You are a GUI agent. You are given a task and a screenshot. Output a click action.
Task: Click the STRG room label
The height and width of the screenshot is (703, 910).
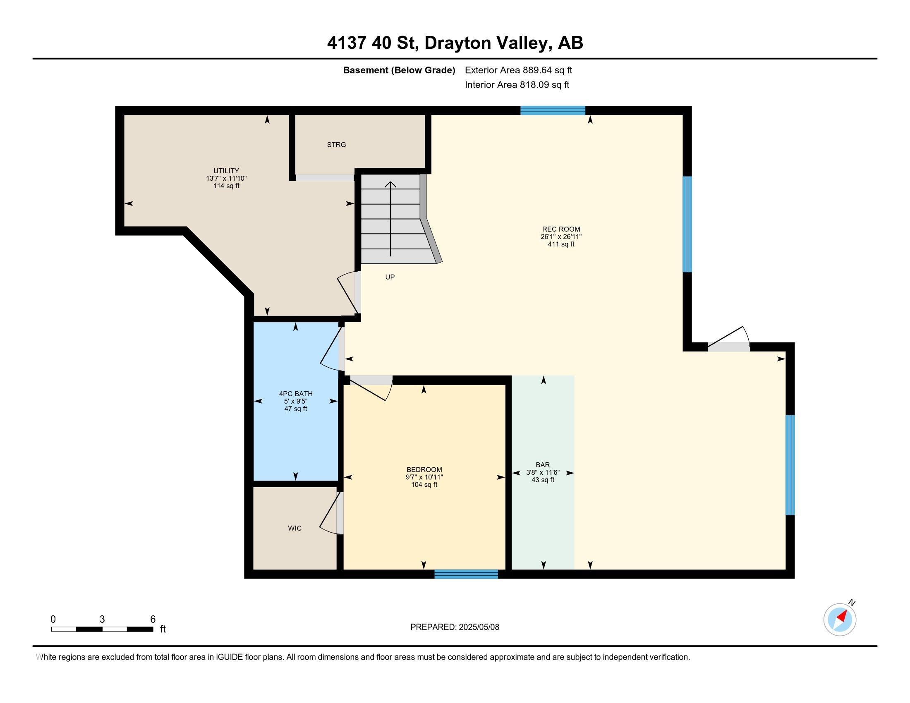tap(336, 145)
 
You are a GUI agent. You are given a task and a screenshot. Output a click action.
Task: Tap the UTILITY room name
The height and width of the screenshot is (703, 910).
tap(226, 171)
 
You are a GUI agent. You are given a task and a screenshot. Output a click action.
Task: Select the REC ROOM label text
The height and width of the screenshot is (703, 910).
tap(561, 229)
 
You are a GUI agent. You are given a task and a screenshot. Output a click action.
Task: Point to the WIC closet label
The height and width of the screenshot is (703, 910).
tap(295, 528)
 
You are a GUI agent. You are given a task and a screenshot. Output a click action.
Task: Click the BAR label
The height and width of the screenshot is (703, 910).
tap(543, 465)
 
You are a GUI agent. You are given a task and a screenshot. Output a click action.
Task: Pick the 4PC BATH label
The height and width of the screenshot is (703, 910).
tap(296, 394)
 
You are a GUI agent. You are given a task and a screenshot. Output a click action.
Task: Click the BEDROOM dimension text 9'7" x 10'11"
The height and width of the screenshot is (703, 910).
tap(424, 477)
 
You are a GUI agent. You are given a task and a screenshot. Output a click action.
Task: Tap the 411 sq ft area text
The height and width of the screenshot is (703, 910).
tap(561, 244)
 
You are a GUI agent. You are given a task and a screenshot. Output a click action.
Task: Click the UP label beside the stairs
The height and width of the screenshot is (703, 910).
tap(390, 277)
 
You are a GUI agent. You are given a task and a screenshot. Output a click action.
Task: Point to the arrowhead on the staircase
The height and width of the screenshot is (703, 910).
tap(390, 184)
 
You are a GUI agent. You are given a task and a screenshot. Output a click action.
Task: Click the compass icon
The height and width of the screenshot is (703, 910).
tap(840, 619)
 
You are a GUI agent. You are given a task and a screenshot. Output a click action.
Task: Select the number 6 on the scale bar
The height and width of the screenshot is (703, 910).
tap(153, 619)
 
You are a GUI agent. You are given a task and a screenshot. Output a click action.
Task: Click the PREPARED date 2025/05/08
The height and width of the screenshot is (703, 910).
tap(479, 627)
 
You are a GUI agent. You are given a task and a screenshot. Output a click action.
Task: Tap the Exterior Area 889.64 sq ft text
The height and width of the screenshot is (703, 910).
tap(518, 70)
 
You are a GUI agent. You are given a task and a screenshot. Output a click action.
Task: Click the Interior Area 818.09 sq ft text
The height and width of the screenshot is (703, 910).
tap(517, 84)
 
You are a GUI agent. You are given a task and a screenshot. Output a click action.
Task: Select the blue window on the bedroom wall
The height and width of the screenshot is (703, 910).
tap(466, 574)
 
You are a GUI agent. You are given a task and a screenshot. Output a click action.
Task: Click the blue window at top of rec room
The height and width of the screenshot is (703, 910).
tap(553, 110)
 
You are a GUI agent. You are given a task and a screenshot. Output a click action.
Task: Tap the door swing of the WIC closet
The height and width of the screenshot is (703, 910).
tap(329, 513)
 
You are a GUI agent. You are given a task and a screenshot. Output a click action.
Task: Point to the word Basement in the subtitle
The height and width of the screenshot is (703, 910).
tap(365, 70)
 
